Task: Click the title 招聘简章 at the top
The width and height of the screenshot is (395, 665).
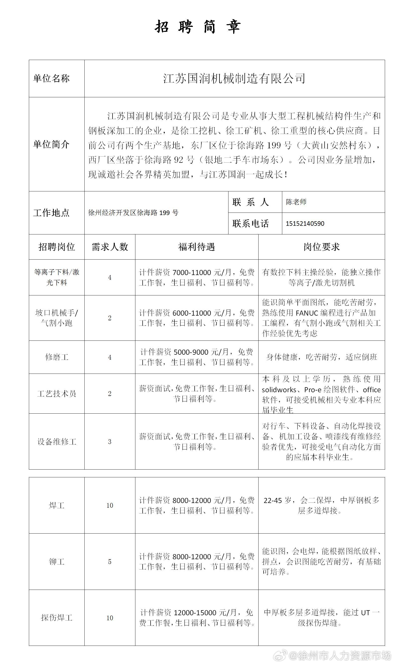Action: point(198,27)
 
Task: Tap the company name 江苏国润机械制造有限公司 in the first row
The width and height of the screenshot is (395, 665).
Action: point(234,78)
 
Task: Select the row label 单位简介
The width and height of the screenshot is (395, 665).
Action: point(51,144)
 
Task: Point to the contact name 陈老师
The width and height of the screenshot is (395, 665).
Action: point(296,202)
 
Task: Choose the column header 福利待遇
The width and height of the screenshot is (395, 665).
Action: point(196,247)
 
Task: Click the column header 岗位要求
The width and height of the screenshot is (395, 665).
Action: point(321,247)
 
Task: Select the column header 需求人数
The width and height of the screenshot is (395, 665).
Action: point(110,247)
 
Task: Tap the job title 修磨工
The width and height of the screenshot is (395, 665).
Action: point(57,357)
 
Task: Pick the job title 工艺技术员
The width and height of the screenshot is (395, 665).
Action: point(57,393)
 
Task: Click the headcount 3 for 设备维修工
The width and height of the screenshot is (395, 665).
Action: point(110,442)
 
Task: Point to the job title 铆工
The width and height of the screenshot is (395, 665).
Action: point(57,562)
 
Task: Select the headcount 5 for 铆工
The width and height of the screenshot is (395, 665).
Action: point(110,562)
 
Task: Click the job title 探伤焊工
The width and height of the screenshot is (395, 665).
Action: point(57,618)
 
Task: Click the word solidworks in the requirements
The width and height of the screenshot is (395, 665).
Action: point(279,390)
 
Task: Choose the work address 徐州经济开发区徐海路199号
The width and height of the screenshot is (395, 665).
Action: point(133,213)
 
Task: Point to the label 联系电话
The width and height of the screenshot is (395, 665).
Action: point(250,223)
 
